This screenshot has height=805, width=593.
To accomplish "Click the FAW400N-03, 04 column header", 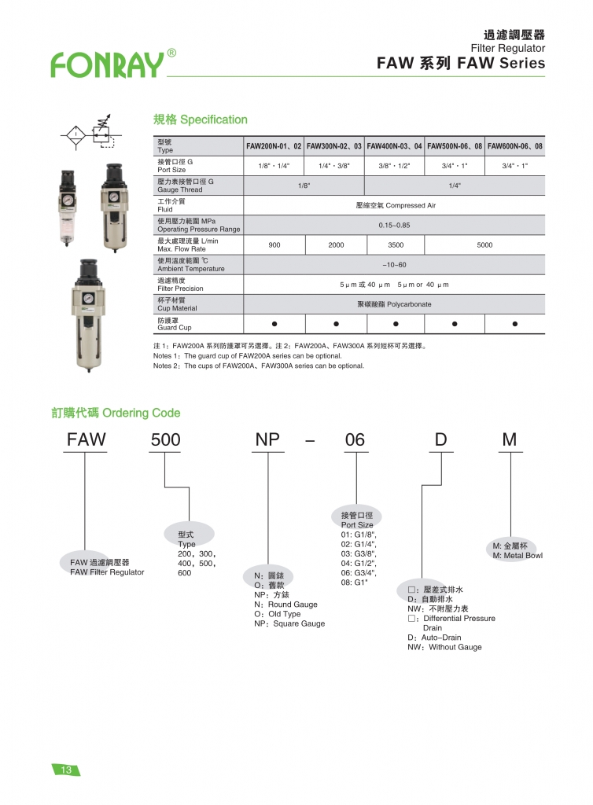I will [x=395, y=146].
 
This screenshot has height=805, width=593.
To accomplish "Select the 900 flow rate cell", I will [x=274, y=245].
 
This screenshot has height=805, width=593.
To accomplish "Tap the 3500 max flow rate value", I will [x=396, y=245].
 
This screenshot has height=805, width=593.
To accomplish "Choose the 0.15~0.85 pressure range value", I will [x=394, y=225].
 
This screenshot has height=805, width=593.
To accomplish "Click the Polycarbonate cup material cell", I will [x=394, y=304].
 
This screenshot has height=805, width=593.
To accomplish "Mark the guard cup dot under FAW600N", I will [x=514, y=324].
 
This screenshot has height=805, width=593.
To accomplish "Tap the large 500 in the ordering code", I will [x=165, y=440].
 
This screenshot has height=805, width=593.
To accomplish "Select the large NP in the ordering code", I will [x=267, y=440].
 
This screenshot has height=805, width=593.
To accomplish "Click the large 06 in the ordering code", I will [x=355, y=440].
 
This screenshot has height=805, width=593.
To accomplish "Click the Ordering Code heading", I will [x=116, y=413].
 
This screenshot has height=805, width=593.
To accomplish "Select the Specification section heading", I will [x=200, y=119].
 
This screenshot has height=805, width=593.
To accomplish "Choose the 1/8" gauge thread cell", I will [x=304, y=186].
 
